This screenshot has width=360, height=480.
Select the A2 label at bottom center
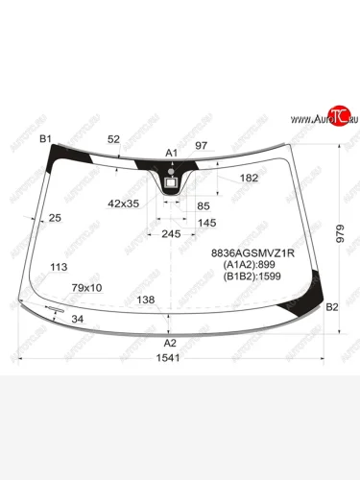(x=170, y=343)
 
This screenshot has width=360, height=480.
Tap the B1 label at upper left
(x=44, y=140)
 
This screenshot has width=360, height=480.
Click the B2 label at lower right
(x=333, y=307)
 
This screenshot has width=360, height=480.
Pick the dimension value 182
(x=249, y=179)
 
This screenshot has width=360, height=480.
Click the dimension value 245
(x=170, y=234)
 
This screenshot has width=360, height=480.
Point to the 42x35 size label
(x=124, y=204)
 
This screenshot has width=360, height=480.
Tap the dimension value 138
(x=146, y=300)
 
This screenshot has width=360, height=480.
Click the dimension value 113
(x=59, y=268)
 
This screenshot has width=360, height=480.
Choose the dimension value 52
(x=114, y=140)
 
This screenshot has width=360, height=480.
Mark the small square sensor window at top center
(x=171, y=180)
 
